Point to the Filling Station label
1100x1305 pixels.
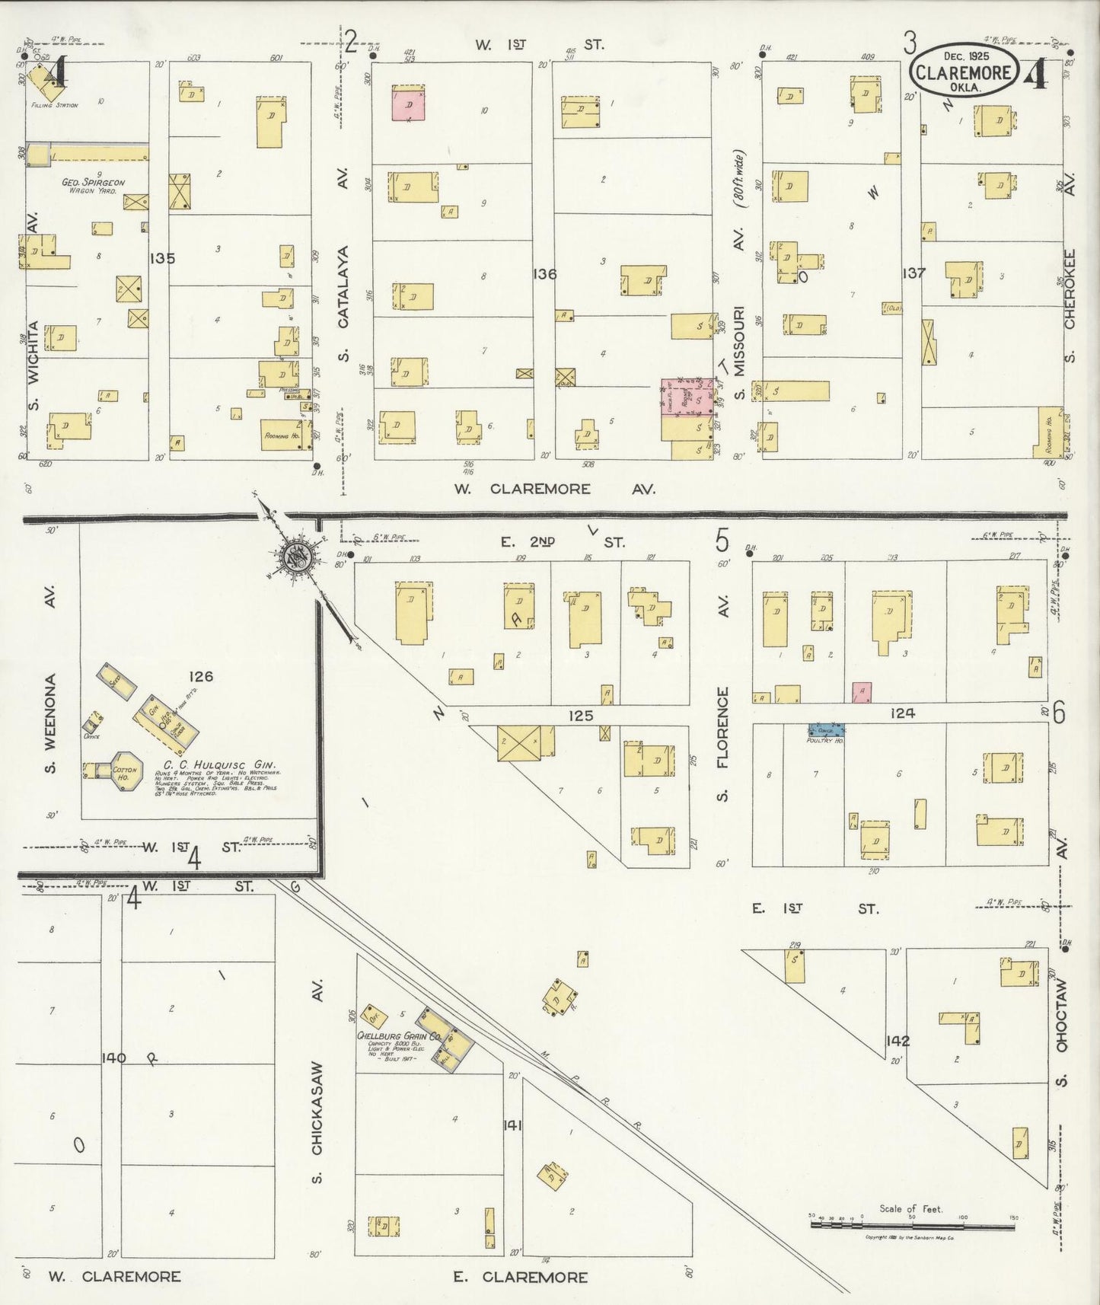[x=54, y=105]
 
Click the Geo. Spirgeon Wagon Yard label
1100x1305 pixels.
[x=89, y=187]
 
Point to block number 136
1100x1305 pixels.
[x=545, y=273]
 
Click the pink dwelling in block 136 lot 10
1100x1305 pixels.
[x=409, y=104]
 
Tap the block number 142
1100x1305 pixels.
[x=898, y=1040]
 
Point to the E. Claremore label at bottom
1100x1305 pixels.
[x=521, y=1276]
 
